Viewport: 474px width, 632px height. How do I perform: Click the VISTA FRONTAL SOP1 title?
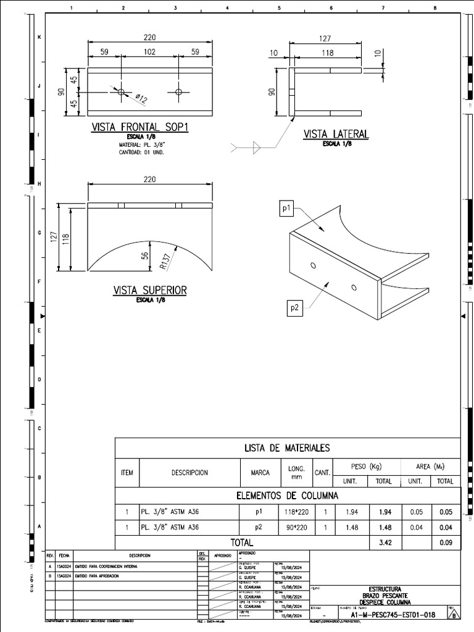pos(139,127)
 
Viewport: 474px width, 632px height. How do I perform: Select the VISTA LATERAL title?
pos(336,134)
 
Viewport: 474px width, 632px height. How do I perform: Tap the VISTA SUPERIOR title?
pos(149,290)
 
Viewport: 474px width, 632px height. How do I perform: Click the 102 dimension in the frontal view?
pos(150,53)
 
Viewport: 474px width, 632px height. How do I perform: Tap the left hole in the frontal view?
pos(121,92)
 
